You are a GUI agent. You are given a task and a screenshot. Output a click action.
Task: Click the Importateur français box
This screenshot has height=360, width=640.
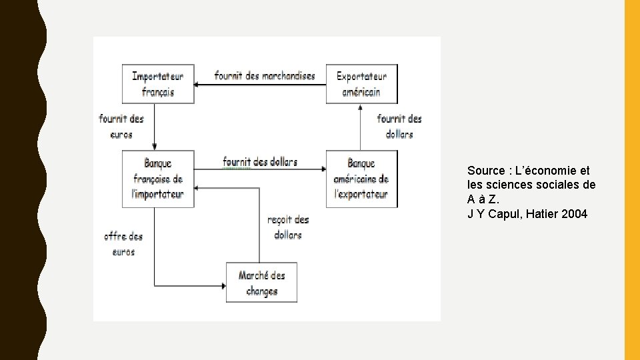(x=158, y=84)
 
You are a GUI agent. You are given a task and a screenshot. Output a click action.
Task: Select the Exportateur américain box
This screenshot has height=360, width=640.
(x=361, y=84)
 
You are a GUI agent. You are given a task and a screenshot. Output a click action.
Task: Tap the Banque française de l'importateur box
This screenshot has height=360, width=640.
(x=158, y=179)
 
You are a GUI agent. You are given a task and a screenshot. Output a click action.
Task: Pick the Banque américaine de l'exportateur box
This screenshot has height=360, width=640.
(x=361, y=179)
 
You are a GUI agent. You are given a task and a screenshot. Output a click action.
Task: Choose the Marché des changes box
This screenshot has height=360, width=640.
(x=261, y=283)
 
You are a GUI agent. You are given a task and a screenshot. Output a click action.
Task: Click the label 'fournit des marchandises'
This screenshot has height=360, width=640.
(x=265, y=75)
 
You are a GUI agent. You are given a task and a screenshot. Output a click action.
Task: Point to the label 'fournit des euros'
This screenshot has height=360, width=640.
(x=121, y=126)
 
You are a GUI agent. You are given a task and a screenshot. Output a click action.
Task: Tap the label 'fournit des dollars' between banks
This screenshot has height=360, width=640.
(x=260, y=161)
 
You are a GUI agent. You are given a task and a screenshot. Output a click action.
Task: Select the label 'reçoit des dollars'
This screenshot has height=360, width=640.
(x=287, y=227)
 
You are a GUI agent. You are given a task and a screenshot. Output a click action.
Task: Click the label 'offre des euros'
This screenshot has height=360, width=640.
(x=123, y=243)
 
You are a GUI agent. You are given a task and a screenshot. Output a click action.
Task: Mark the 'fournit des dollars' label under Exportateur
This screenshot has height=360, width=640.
(x=399, y=126)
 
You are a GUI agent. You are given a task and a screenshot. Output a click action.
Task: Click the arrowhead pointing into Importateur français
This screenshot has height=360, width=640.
(x=198, y=85)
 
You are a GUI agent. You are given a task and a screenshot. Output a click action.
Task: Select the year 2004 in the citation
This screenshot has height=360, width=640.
(x=575, y=214)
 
